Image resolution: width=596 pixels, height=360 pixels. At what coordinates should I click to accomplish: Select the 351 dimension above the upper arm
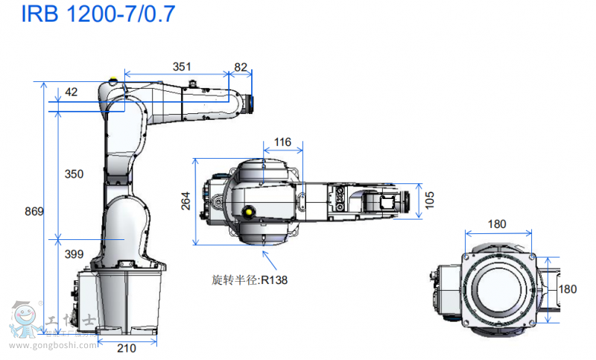point(181,66)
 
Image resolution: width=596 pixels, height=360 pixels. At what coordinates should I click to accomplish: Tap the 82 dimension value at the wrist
point(241,66)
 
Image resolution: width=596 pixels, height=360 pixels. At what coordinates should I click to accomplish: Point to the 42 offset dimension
point(72,92)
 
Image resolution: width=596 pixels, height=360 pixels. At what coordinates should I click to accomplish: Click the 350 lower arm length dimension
point(74,174)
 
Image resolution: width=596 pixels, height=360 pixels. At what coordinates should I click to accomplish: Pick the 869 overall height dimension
point(34,211)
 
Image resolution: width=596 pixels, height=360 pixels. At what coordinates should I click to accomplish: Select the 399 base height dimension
point(74,254)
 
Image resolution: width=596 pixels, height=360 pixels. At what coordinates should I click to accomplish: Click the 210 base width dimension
point(127,347)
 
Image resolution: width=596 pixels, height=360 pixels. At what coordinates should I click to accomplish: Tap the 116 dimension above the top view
point(282,142)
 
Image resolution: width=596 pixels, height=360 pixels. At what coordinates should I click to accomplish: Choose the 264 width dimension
point(186,201)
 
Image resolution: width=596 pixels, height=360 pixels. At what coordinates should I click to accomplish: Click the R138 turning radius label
point(250,280)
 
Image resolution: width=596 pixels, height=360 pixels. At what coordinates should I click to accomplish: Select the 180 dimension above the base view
point(498,224)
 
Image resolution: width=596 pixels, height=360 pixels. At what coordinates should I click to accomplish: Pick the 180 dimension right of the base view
point(568,289)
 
